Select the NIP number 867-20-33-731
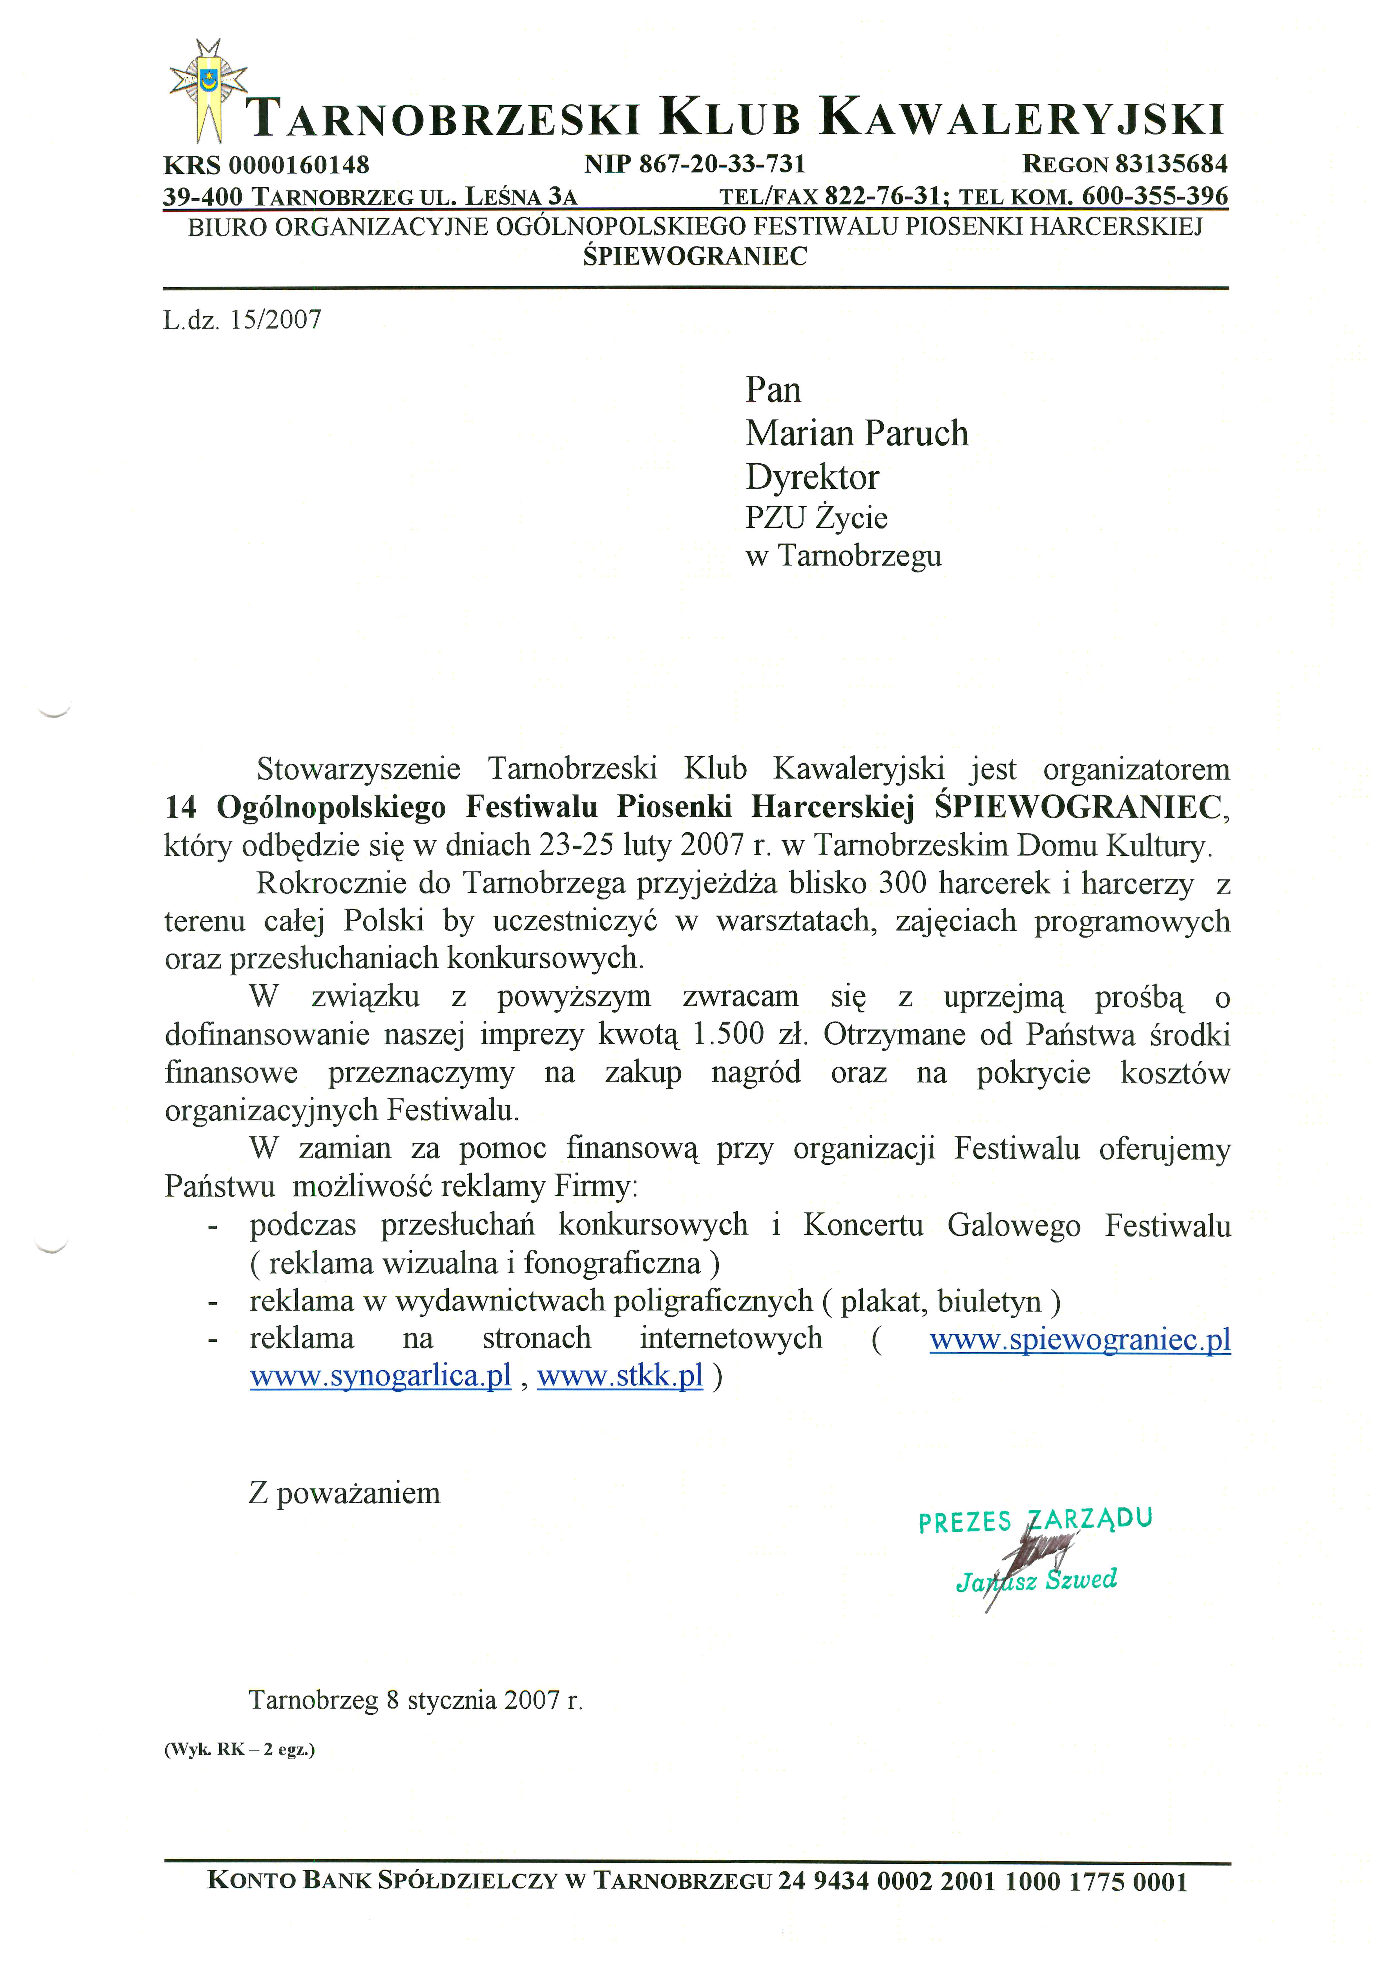(x=721, y=163)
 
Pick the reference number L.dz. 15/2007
(x=242, y=320)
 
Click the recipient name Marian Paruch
(x=857, y=434)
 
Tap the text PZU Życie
(x=816, y=518)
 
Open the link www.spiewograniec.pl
(x=1080, y=1339)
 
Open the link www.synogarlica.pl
(x=381, y=1376)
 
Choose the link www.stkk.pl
(x=620, y=1376)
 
